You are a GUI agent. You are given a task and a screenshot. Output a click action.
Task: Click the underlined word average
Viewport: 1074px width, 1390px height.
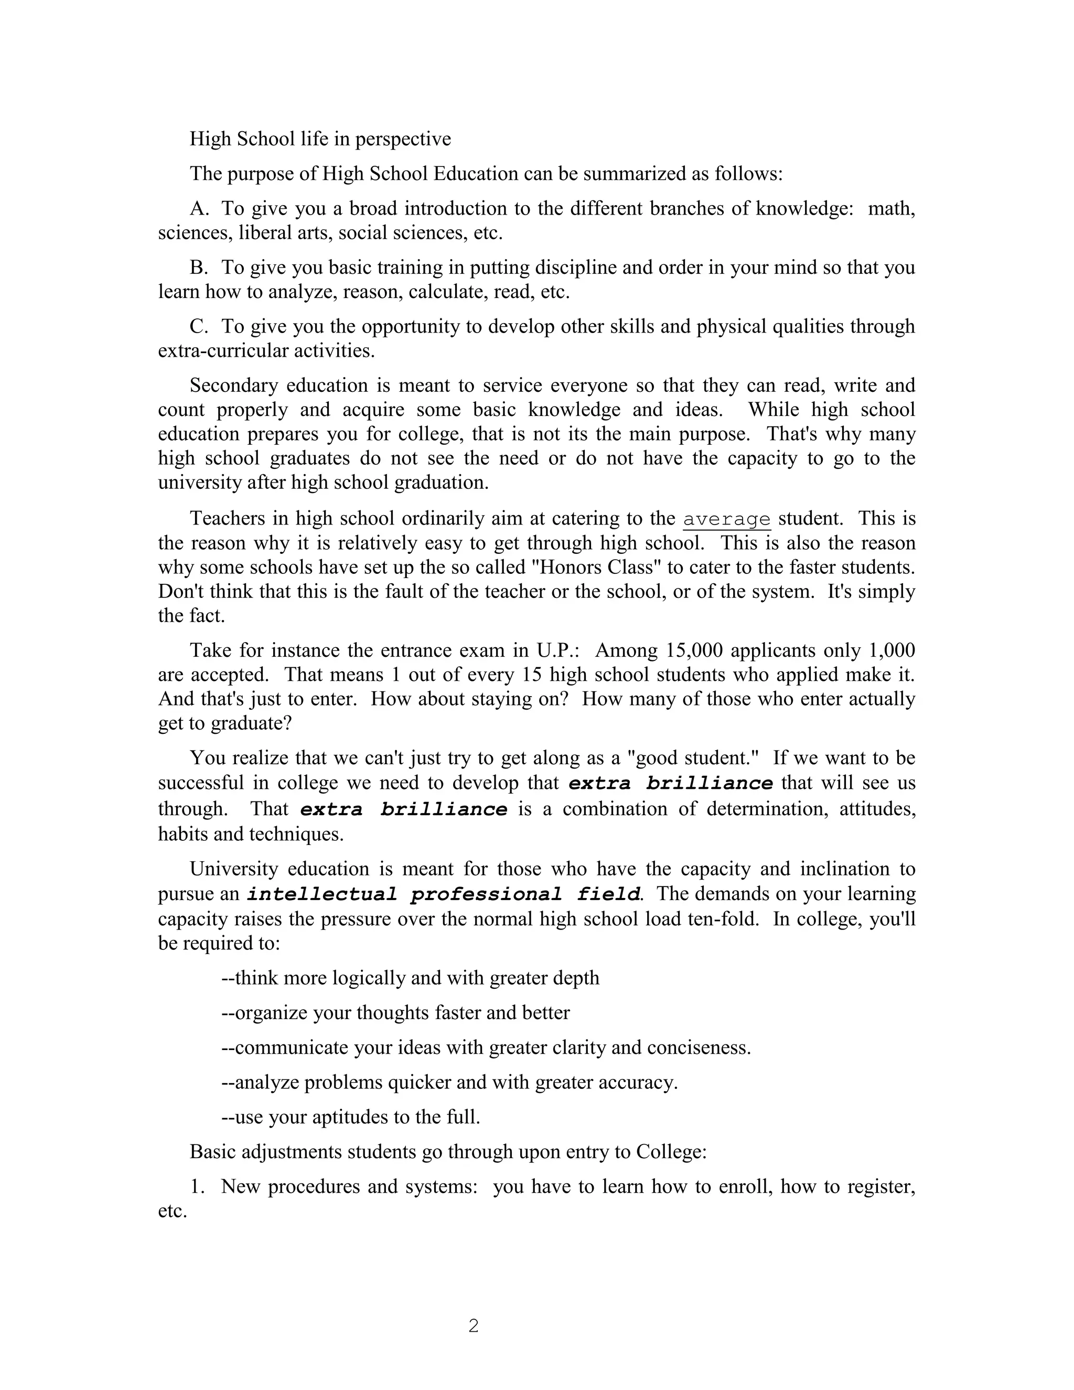click(x=727, y=519)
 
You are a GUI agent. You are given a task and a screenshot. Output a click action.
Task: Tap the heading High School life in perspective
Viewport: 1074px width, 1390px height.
click(x=320, y=139)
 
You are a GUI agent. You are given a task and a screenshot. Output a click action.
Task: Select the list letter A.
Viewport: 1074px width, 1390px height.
click(x=199, y=209)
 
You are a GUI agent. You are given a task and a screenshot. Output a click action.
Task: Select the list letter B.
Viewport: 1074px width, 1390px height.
click(x=199, y=268)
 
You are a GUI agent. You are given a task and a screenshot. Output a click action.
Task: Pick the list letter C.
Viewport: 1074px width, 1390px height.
click(x=199, y=327)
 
